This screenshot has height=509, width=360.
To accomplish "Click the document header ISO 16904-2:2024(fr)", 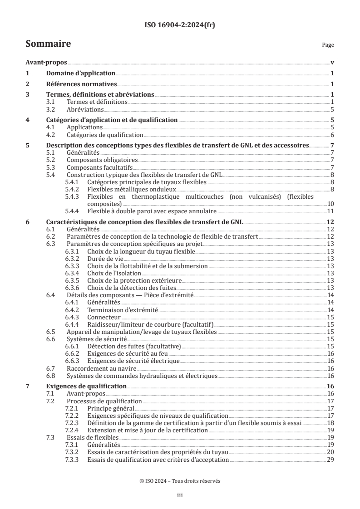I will tap(180, 25).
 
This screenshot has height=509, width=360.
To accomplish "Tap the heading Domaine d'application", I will tap(81, 73).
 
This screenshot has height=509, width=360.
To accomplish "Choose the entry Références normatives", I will tap(82, 84).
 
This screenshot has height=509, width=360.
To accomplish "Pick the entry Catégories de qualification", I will tap(105, 135).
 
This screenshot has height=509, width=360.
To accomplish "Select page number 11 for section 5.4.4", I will tap(330, 211).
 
